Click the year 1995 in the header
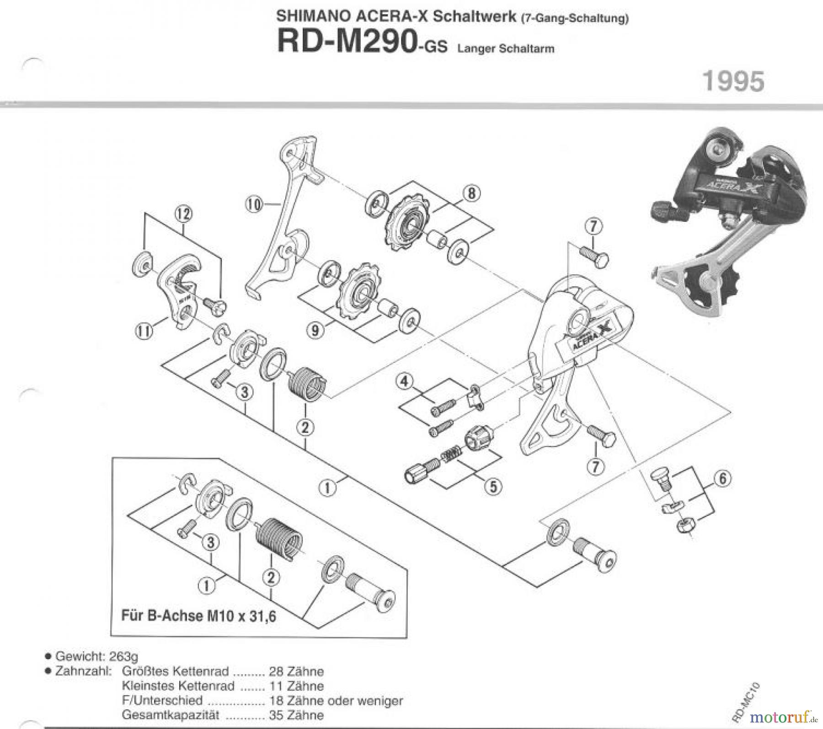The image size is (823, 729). (x=733, y=81)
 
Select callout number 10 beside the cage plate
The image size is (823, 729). (x=254, y=204)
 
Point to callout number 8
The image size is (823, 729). (x=471, y=193)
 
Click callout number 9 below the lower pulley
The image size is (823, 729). (x=315, y=330)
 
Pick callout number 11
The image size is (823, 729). (x=144, y=331)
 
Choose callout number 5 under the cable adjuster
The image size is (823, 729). (x=493, y=487)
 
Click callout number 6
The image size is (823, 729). (x=722, y=479)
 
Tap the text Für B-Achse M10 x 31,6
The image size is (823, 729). (x=198, y=616)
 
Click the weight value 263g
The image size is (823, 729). (x=123, y=657)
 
